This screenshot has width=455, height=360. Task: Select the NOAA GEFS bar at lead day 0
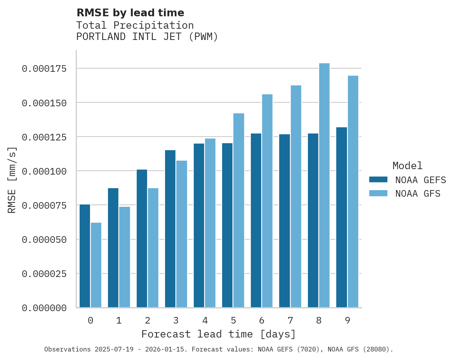point(85,256)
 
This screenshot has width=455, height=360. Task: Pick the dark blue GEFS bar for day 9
point(342,217)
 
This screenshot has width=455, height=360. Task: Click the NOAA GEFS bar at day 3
point(170,229)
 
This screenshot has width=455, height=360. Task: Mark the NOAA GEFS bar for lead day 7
point(285,221)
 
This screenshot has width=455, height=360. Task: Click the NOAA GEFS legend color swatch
point(378,180)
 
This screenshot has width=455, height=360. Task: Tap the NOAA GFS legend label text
point(418,194)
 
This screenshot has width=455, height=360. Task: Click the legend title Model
point(407,166)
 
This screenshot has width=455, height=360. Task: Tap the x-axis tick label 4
point(205,320)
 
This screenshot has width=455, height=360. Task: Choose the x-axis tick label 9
point(347,320)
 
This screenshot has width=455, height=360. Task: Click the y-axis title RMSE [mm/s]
point(12,180)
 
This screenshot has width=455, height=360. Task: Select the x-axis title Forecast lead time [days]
point(219,334)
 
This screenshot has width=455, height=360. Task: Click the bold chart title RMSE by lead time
point(130,13)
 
